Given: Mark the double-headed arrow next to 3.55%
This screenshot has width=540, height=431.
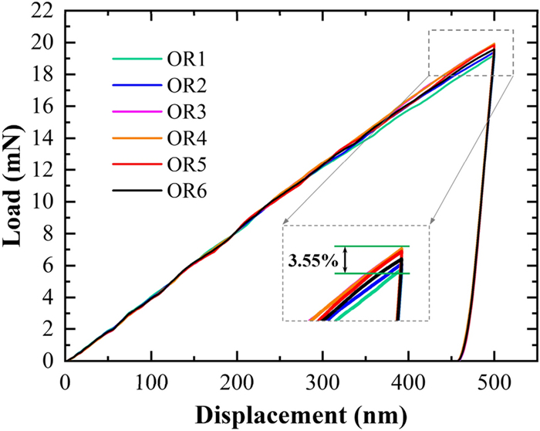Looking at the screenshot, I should (x=346, y=260).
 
